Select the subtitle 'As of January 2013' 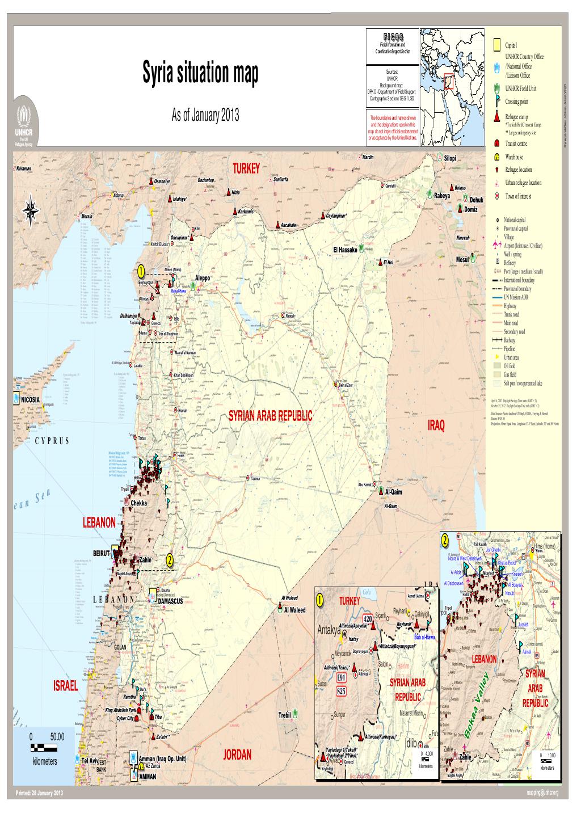(x=205, y=116)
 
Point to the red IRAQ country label (x=436, y=425)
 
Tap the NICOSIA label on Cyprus (x=30, y=399)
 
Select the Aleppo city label (x=203, y=278)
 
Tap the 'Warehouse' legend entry (x=514, y=157)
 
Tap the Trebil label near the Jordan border (x=285, y=715)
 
